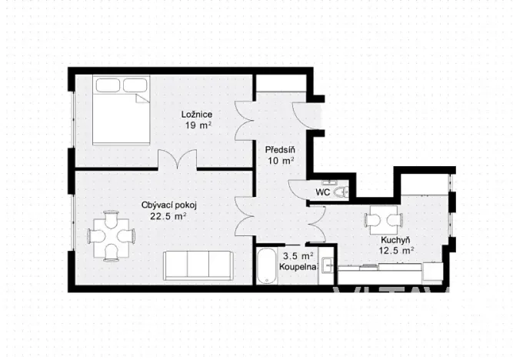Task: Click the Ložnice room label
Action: [x=198, y=115]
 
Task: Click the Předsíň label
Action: [x=278, y=150]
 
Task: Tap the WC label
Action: [x=324, y=192]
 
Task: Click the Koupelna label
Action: [x=298, y=267]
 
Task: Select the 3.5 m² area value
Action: [x=298, y=256]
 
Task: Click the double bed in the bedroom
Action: [x=121, y=109]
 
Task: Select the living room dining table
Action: [x=108, y=236]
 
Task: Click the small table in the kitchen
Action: [x=383, y=222]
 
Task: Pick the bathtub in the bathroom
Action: [x=267, y=266]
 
